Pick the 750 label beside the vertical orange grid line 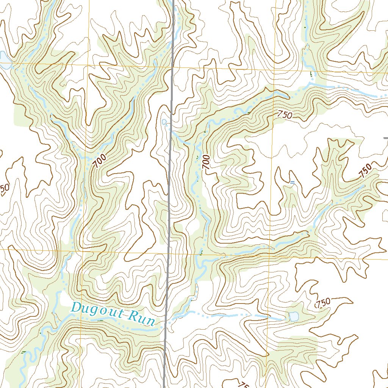pyautogui.click(x=285, y=114)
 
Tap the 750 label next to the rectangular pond pyautogui.click(x=323, y=303)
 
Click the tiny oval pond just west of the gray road pyautogui.click(x=164, y=122)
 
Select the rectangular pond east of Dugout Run pyautogui.click(x=294, y=316)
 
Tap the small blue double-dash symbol pyautogui.click(x=292, y=183)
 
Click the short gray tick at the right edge pyautogui.click(x=385, y=138)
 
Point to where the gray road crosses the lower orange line pyautogui.click(x=168, y=252)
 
